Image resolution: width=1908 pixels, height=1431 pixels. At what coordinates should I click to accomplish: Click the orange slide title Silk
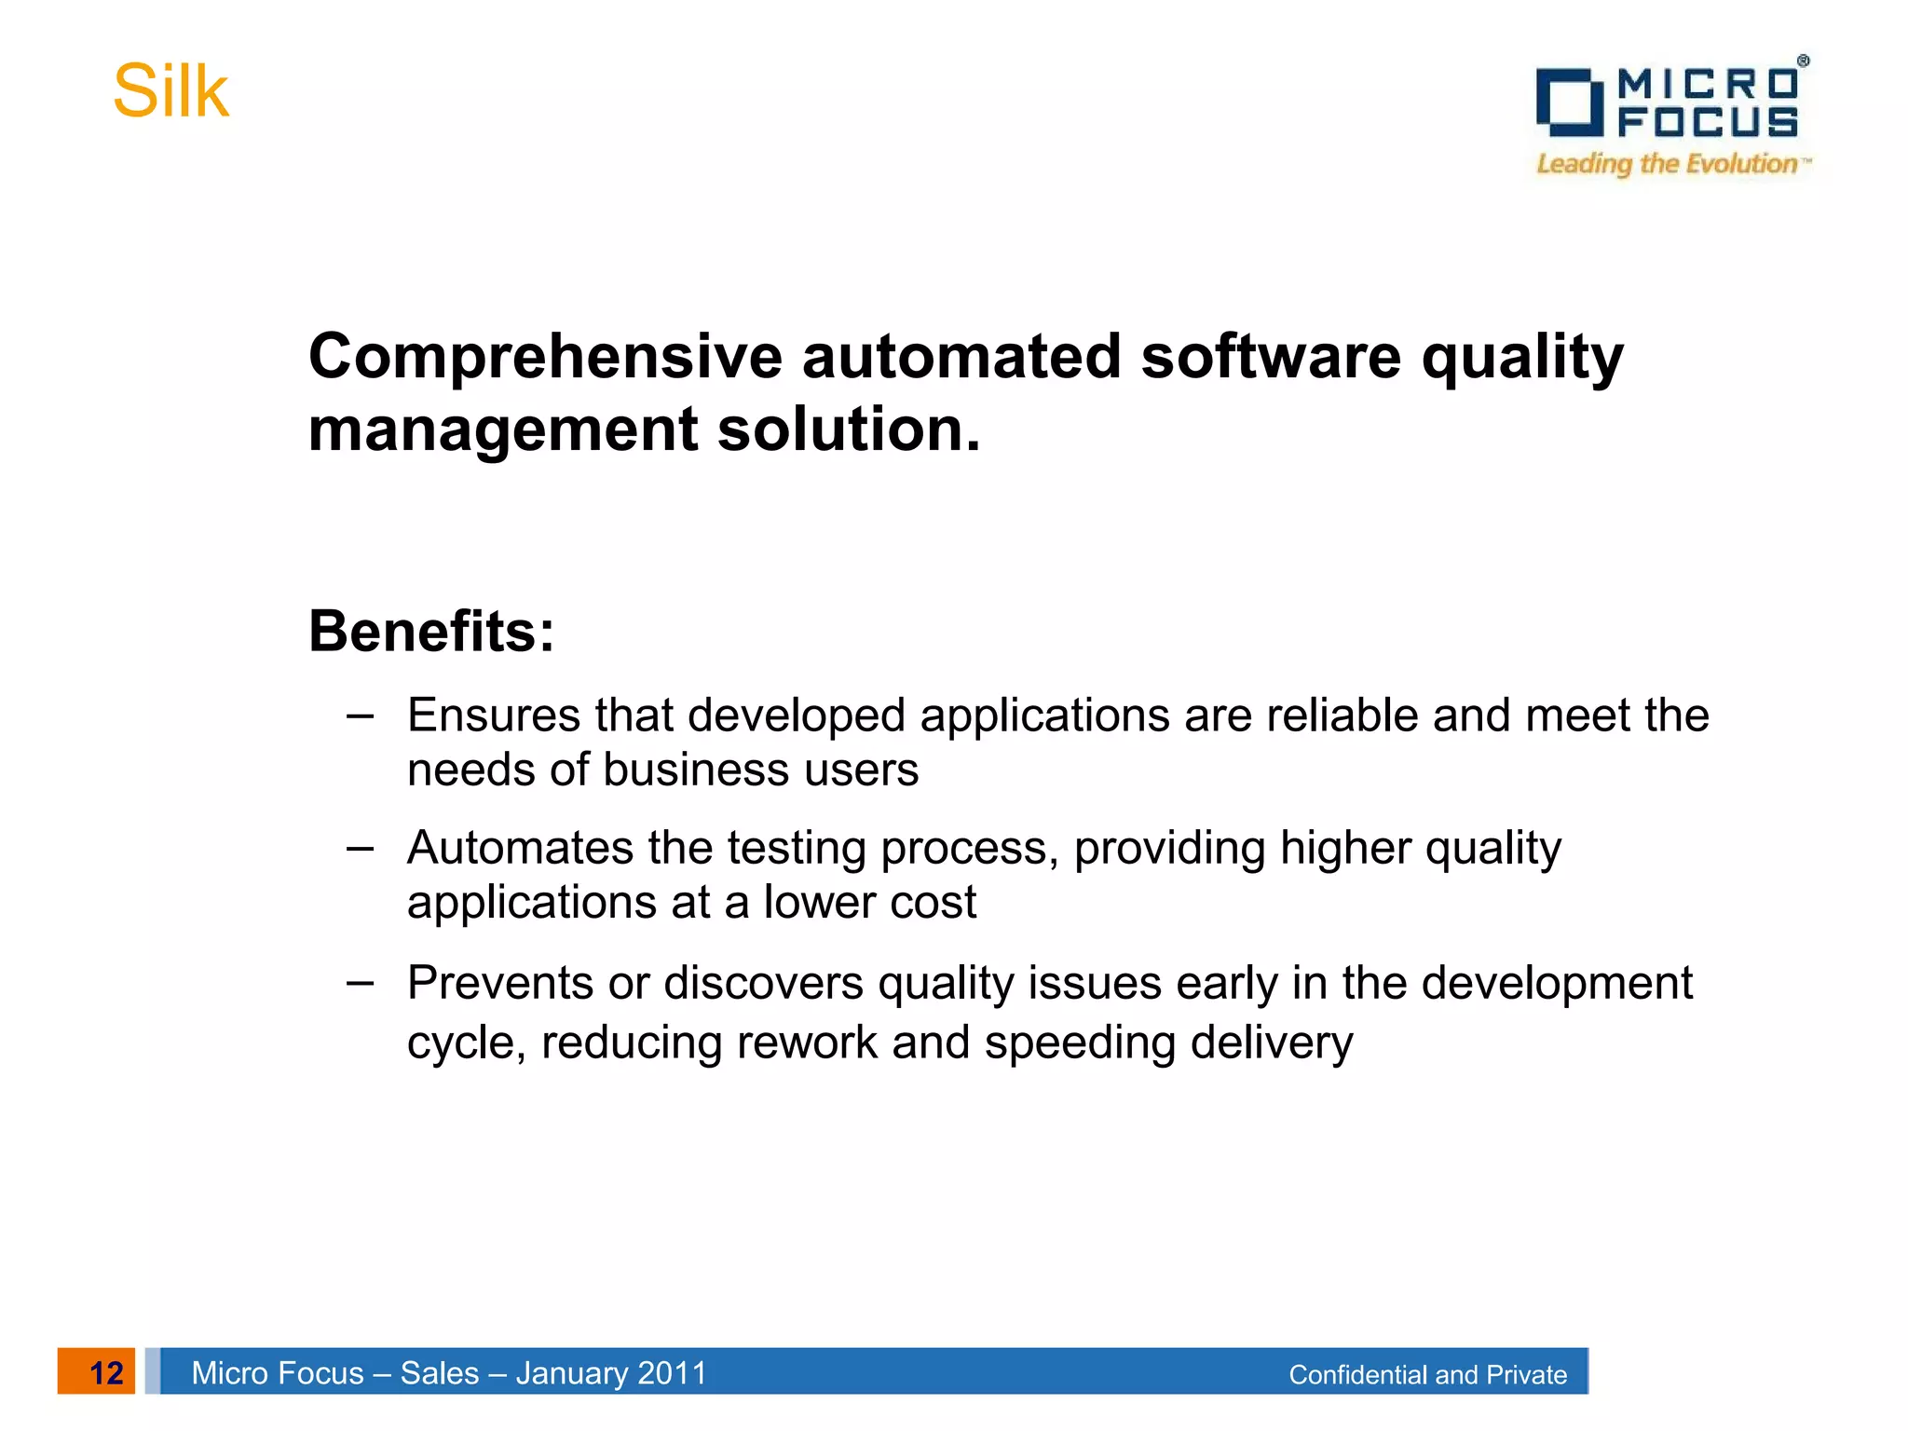tap(170, 92)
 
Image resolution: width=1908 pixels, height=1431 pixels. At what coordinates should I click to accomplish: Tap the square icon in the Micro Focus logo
tap(1569, 102)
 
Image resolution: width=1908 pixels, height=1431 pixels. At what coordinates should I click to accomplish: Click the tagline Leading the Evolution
tap(1667, 164)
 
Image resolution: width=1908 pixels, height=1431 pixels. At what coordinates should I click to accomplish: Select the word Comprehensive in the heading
tap(545, 357)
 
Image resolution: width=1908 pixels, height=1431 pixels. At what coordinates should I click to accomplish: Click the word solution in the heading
tap(848, 429)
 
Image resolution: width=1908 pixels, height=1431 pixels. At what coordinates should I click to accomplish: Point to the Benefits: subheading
tap(431, 632)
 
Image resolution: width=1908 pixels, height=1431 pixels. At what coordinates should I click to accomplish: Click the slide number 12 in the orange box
tap(105, 1372)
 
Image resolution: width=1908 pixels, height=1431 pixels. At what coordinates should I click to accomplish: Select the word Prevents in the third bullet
tap(500, 983)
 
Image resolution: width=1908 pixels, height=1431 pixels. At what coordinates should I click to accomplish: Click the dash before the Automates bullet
tap(360, 848)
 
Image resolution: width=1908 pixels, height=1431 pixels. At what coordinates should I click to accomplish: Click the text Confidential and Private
tap(1427, 1374)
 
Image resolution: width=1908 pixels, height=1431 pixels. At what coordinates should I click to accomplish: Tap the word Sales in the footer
tap(439, 1372)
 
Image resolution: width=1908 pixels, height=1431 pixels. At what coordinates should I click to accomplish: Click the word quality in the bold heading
tap(1521, 359)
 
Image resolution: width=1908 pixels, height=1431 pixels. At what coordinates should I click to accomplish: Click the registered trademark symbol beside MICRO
tap(1803, 61)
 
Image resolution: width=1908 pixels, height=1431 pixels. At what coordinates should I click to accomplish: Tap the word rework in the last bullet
tap(807, 1042)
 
